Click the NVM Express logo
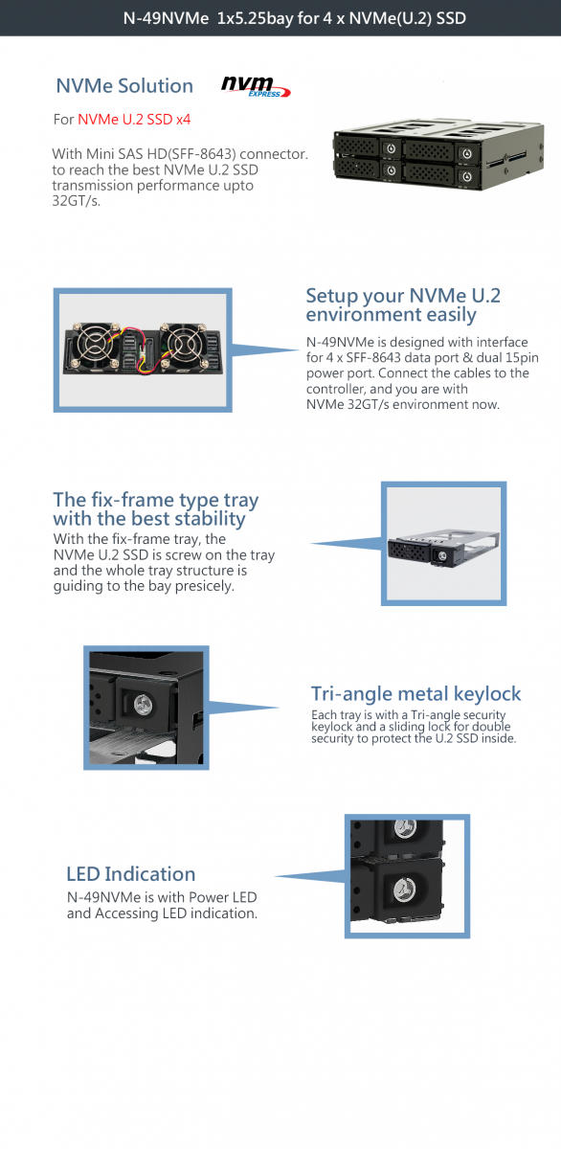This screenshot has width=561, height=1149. (256, 86)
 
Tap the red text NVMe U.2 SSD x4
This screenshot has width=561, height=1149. (134, 120)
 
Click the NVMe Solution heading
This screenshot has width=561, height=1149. (124, 85)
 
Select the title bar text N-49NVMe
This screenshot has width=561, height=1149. (166, 18)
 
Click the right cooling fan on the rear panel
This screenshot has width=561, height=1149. (183, 343)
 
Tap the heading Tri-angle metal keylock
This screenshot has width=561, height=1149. (415, 694)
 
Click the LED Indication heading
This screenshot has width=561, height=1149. (131, 874)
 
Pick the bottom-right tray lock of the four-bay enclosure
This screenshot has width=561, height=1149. (466, 177)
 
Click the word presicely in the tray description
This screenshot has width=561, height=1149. (205, 586)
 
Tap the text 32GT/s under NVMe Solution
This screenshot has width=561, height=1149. (76, 200)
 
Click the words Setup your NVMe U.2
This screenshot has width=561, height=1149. (403, 296)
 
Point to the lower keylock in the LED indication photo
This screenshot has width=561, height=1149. (405, 890)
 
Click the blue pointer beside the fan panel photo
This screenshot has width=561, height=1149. (265, 349)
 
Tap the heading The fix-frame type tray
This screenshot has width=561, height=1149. (156, 500)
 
